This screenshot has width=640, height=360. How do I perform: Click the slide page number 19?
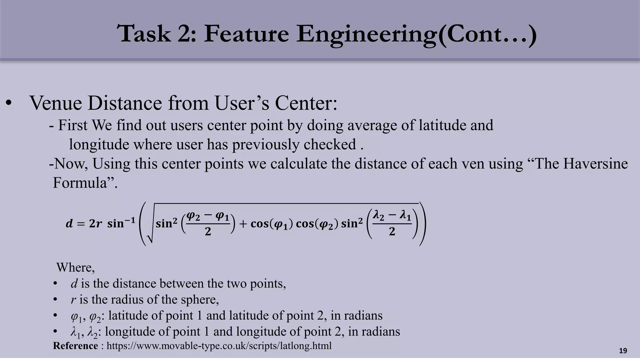point(623,351)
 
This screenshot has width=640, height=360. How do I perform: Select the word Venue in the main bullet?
point(56,103)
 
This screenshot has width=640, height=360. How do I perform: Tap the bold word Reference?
point(75,346)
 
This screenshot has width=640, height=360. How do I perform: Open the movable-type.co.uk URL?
point(219,346)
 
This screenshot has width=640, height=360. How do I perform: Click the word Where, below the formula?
point(75,267)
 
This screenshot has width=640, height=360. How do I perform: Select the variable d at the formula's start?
point(69,224)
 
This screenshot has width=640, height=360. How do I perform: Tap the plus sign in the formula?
point(243,224)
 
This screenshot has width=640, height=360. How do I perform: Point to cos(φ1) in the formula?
point(271,224)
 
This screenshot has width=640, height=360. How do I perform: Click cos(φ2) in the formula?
point(317,224)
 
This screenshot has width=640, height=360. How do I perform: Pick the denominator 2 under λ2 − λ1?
point(392,232)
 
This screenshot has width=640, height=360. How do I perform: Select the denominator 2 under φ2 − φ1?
point(208,232)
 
